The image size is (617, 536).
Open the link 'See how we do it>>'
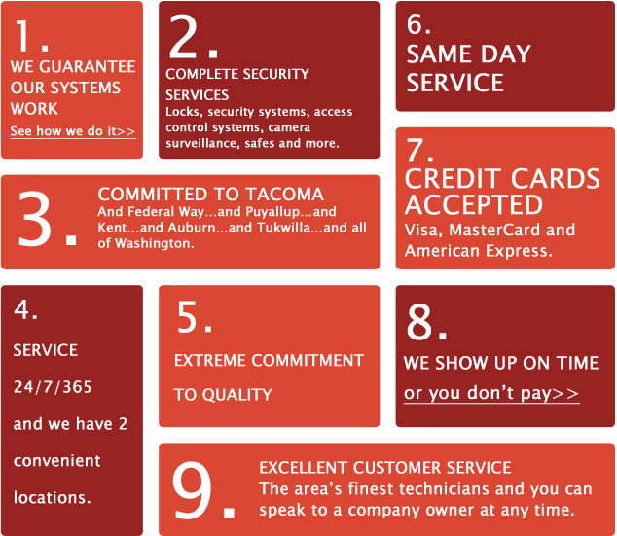pyautogui.click(x=73, y=131)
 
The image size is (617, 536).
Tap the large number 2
pyautogui.click(x=183, y=37)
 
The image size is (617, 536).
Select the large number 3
pyautogui.click(x=35, y=219)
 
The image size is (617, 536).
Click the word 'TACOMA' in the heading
pyautogui.click(x=285, y=195)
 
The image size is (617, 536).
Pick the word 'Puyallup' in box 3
pyautogui.click(x=272, y=212)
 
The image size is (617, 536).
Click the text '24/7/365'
pyautogui.click(x=53, y=387)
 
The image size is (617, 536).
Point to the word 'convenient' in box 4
pyautogui.click(x=57, y=461)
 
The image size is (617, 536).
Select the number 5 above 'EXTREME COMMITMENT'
pyautogui.click(x=187, y=317)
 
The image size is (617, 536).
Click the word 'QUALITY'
pyautogui.click(x=237, y=395)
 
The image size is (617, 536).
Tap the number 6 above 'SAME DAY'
pyautogui.click(x=415, y=23)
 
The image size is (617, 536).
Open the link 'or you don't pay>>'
pyautogui.click(x=491, y=393)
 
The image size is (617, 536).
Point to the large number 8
pyautogui.click(x=419, y=322)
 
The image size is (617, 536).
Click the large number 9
pyautogui.click(x=193, y=490)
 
